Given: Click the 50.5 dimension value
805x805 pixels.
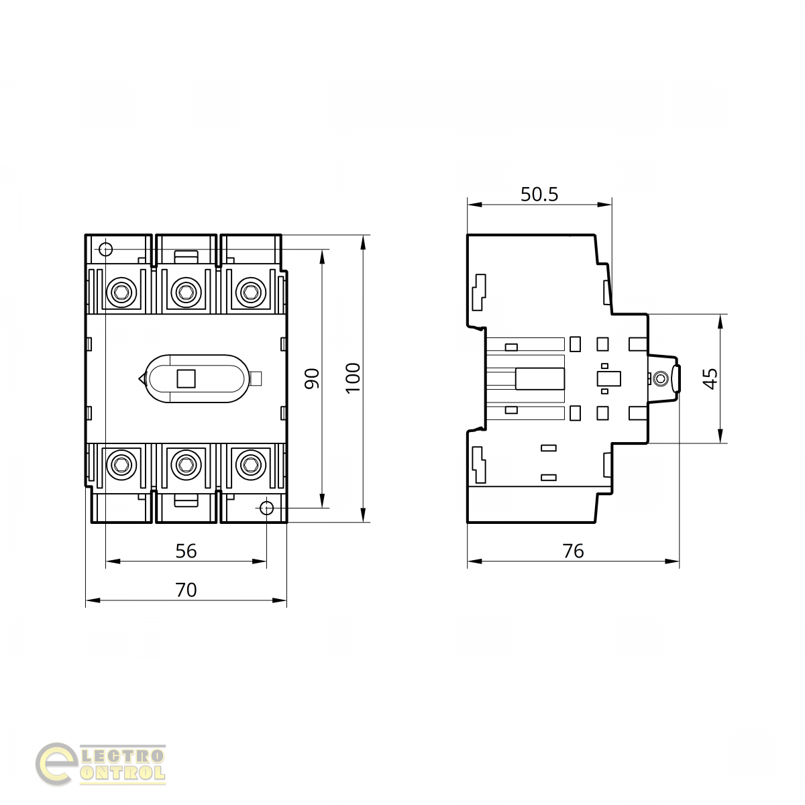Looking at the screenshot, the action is [539, 195].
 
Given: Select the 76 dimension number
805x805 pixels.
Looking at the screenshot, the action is [573, 551].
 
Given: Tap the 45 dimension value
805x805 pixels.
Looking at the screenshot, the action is [710, 378].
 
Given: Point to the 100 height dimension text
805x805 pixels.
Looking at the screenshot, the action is [353, 378].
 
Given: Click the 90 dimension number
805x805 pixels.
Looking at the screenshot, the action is [312, 378].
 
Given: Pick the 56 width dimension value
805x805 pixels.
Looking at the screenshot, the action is [186, 551].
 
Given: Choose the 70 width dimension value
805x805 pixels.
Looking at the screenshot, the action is [186, 590].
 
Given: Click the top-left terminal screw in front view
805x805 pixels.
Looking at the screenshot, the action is [121, 292].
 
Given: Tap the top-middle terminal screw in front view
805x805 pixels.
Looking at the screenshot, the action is [186, 292].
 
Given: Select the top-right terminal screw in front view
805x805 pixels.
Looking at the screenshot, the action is [251, 292].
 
